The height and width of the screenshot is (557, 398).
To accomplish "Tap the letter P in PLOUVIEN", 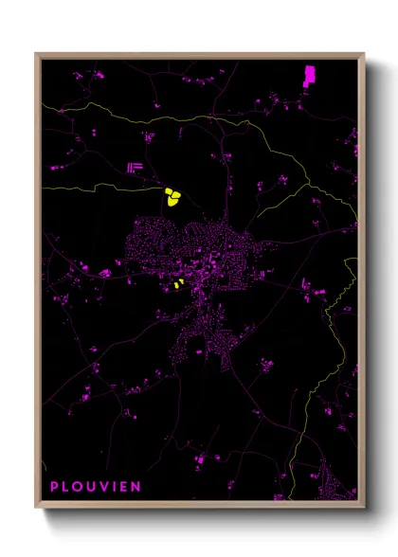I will [x=54, y=487].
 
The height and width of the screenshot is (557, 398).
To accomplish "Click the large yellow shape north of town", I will [x=172, y=197].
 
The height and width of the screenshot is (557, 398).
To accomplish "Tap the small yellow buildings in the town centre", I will [x=177, y=283].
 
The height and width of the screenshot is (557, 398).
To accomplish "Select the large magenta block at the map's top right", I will [x=309, y=75].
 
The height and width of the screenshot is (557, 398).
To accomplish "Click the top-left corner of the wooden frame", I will [x=37, y=54].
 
